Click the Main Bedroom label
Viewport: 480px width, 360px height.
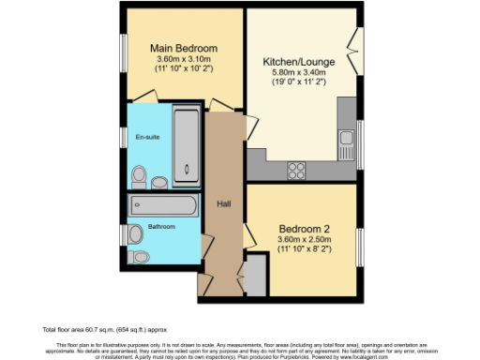pyautogui.click(x=185, y=49)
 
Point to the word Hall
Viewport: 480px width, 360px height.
pyautogui.click(x=224, y=203)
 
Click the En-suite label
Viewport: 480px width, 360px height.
pyautogui.click(x=146, y=138)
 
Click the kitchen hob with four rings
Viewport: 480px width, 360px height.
pyautogui.click(x=297, y=170)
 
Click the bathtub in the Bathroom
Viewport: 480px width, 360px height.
pyautogui.click(x=164, y=204)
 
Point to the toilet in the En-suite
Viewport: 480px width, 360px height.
pyautogui.click(x=139, y=174)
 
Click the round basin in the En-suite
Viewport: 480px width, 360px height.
pyautogui.click(x=158, y=181)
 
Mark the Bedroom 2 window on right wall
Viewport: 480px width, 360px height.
pyautogui.click(x=360, y=245)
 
